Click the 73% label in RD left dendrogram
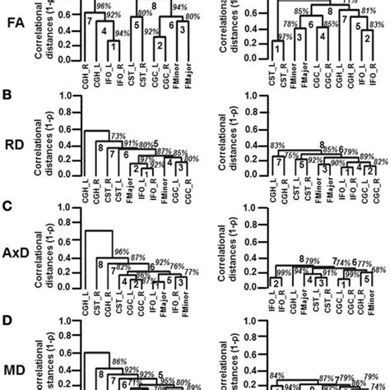pos(118,135)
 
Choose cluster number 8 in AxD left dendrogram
pos(100,265)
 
